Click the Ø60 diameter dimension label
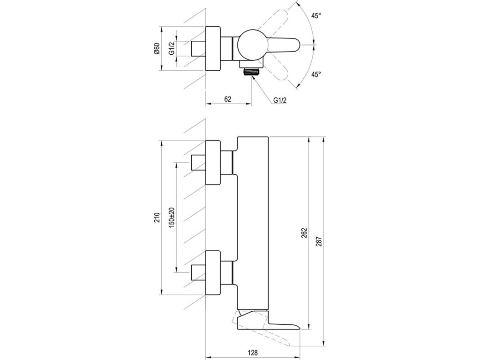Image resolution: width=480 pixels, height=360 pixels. [x=157, y=49]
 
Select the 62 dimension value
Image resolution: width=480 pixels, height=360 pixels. [x=228, y=99]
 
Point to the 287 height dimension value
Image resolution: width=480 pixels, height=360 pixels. [x=319, y=242]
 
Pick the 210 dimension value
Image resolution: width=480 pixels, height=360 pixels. [x=157, y=217]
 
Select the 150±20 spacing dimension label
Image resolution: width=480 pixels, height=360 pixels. [x=172, y=217]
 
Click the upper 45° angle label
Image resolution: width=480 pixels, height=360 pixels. [x=316, y=16]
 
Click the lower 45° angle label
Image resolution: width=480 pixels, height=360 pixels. [x=316, y=74]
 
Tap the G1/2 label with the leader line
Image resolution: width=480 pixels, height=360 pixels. [x=280, y=100]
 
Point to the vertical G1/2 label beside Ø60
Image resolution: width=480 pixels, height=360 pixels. [x=172, y=49]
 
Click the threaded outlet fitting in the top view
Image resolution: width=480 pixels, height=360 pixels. [x=251, y=72]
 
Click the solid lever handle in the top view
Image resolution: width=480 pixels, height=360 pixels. [x=283, y=45]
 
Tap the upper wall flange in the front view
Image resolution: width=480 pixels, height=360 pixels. [x=213, y=163]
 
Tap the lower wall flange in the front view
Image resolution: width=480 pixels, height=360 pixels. [x=213, y=273]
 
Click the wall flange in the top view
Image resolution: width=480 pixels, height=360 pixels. [x=213, y=49]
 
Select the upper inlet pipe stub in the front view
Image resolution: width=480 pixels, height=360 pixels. [x=198, y=163]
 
